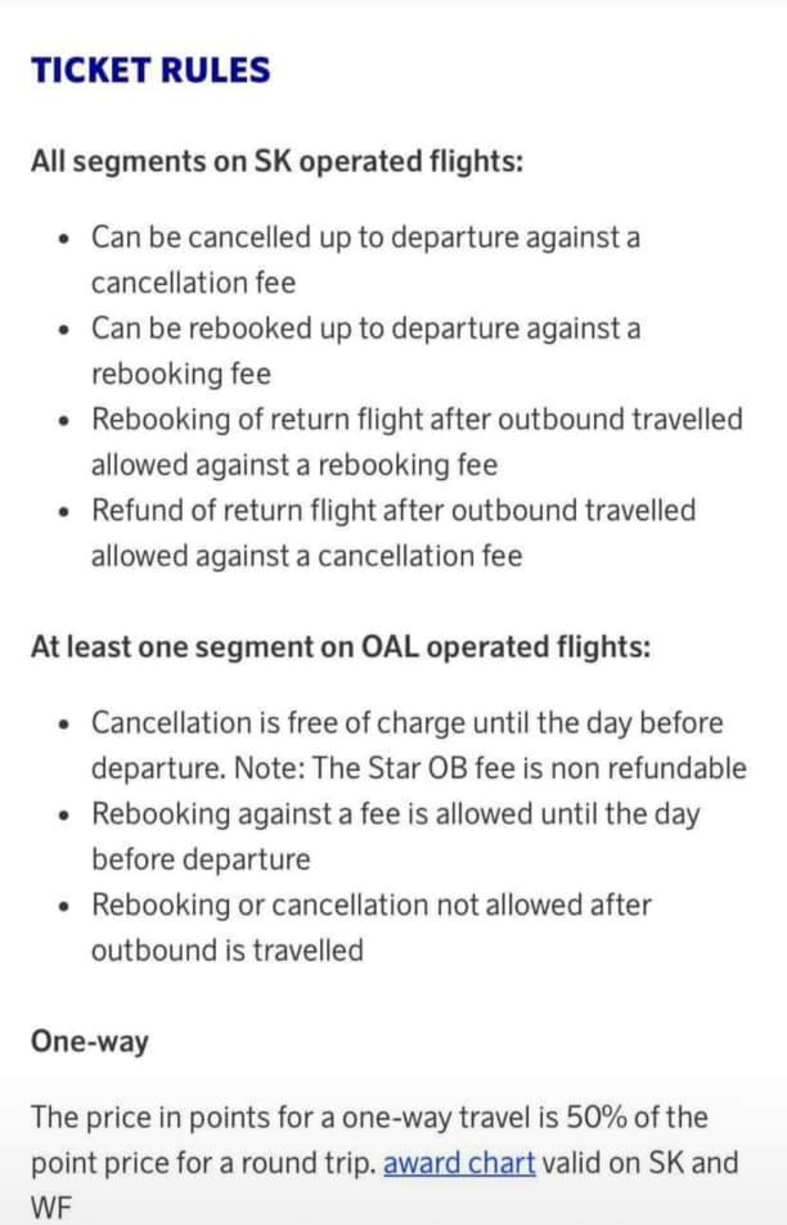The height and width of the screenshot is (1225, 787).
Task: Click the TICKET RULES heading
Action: [x=151, y=70]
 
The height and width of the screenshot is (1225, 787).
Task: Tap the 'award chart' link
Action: [x=459, y=1162]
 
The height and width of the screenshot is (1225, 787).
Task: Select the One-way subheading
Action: [x=90, y=1041]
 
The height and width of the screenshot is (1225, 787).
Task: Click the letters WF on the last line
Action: [x=52, y=1208]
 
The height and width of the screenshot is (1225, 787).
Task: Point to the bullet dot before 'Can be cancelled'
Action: [x=66, y=239]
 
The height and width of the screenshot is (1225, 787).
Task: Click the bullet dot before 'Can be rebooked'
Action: [x=66, y=330]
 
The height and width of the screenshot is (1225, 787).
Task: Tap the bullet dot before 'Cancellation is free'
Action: [x=66, y=725]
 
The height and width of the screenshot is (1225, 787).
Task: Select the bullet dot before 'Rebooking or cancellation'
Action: [x=66, y=907]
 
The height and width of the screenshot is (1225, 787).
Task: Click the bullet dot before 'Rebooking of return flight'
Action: [x=66, y=421]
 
